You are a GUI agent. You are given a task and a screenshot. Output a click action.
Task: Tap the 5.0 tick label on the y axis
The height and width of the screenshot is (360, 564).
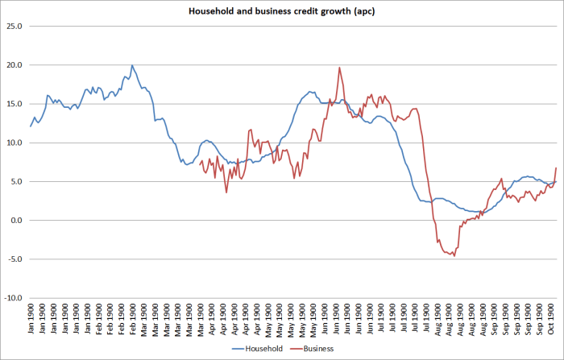click(17, 181)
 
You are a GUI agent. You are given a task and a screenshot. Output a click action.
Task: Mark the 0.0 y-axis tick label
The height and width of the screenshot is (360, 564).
click(17, 220)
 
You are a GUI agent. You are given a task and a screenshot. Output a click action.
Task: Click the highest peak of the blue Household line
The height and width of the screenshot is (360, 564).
click(132, 65)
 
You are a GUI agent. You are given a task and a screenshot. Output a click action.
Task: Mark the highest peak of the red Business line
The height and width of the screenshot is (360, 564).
click(339, 68)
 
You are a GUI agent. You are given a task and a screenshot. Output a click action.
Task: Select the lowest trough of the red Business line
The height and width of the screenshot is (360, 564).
click(454, 256)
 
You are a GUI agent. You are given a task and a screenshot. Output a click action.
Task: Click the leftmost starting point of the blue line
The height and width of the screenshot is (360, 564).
click(31, 126)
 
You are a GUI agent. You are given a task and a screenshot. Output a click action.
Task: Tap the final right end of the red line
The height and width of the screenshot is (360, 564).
click(556, 168)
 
